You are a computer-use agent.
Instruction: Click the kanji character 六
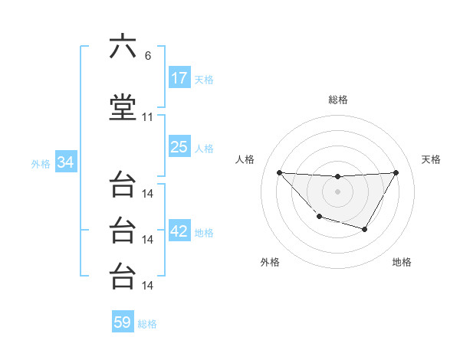tap(123, 47)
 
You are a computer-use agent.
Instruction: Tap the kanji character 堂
tap(123, 108)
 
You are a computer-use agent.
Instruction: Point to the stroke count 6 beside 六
tap(147, 56)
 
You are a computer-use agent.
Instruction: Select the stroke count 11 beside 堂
tap(148, 117)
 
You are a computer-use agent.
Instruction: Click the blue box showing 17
tap(179, 78)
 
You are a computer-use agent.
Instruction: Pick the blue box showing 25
tap(179, 147)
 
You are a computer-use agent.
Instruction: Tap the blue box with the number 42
tap(179, 232)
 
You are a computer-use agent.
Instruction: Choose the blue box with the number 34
tap(66, 162)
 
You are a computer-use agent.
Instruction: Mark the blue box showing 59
tap(123, 322)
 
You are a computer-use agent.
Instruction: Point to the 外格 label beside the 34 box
tap(41, 164)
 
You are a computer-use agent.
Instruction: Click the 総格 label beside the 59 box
tap(147, 324)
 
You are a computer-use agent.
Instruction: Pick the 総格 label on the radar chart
tap(337, 100)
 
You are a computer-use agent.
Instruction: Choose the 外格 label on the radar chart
tap(270, 262)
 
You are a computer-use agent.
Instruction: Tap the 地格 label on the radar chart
tap(402, 262)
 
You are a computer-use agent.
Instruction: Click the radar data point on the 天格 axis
tap(396, 172)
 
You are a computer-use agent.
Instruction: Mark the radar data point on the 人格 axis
tap(279, 172)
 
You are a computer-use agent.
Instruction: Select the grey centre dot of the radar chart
tap(337, 191)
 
